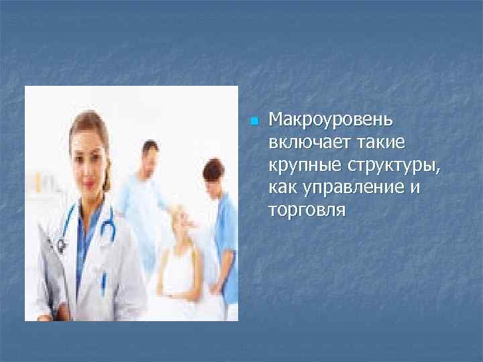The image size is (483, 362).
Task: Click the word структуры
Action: tap(390, 166)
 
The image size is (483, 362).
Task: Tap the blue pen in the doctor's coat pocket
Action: tap(103, 282)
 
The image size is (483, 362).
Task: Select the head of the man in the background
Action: tap(150, 156)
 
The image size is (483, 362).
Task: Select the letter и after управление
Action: tap(415, 188)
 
